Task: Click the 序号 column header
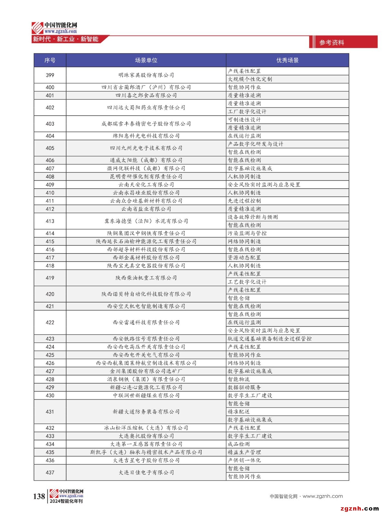pyautogui.click(x=50, y=60)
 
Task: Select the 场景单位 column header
pyautogui.click(x=146, y=60)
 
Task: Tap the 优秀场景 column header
pyautogui.click(x=287, y=60)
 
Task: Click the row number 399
pyautogui.click(x=50, y=75)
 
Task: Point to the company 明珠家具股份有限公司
pyautogui.click(x=146, y=75)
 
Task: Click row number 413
pyautogui.click(x=50, y=221)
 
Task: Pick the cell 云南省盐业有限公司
pyautogui.click(x=146, y=209)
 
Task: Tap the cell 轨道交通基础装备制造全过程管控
pyautogui.click(x=269, y=339)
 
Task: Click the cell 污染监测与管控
pyautogui.click(x=247, y=233)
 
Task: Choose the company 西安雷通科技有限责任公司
pyautogui.click(x=146, y=322)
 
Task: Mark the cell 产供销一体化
pyautogui.click(x=244, y=460)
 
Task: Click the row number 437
pyautogui.click(x=50, y=472)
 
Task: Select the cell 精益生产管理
pyautogui.click(x=244, y=452)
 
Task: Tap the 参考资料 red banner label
pyautogui.click(x=332, y=43)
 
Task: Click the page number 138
pyautogui.click(x=39, y=496)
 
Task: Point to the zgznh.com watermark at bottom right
pyautogui.click(x=359, y=509)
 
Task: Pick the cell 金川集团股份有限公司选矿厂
pyautogui.click(x=146, y=371)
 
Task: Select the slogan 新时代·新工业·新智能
pyautogui.click(x=66, y=39)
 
